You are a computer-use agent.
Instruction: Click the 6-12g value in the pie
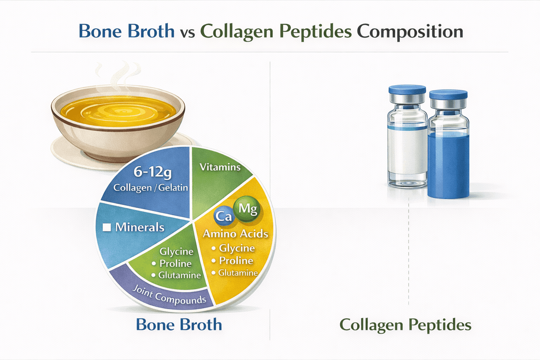(x=152, y=172)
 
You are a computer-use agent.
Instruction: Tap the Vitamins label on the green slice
(x=220, y=167)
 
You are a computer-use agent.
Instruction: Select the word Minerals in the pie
(x=140, y=227)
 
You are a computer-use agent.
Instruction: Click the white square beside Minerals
(x=107, y=227)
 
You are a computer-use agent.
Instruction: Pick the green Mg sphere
(x=247, y=209)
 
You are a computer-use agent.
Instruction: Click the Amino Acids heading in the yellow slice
(x=236, y=234)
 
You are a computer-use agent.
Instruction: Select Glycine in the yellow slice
(x=237, y=248)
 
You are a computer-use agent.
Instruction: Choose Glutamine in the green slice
(x=179, y=275)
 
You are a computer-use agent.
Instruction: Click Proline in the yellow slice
(x=236, y=261)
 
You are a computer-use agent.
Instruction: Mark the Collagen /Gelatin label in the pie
(x=150, y=188)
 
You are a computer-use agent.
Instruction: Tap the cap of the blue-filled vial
(x=448, y=94)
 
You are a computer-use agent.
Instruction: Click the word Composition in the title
(x=410, y=32)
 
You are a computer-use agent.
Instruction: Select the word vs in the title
(x=187, y=33)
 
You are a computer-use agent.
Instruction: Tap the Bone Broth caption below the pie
(x=179, y=324)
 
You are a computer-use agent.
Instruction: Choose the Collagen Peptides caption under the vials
(x=405, y=325)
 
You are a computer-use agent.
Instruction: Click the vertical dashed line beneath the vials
(x=409, y=253)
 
